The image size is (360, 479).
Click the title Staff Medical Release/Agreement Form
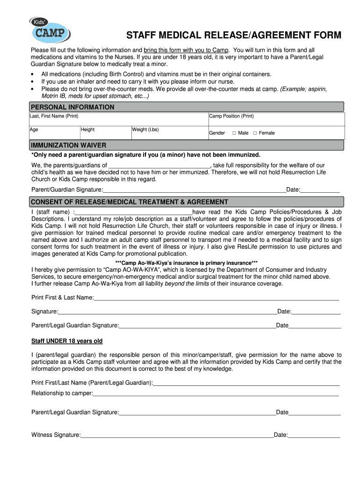(234, 36)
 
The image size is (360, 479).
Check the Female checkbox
(255, 133)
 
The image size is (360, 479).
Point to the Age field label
(34, 130)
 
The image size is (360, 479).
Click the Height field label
(87, 130)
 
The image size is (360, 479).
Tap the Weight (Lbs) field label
(145, 130)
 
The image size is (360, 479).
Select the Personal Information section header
(72, 107)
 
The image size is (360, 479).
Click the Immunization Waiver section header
(69, 145)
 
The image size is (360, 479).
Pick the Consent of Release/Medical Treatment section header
(130, 202)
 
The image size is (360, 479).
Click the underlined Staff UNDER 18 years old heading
(67, 341)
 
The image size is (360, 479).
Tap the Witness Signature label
(56, 435)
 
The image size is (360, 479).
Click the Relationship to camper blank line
(216, 393)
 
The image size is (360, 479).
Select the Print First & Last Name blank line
(216, 298)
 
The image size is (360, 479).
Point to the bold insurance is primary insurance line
(186, 263)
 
